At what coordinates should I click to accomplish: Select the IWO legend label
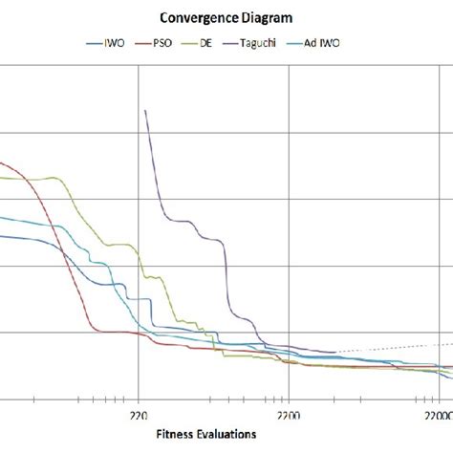tap(115, 43)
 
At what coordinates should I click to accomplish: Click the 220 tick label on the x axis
tap(139, 416)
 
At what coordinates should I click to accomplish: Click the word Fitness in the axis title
tap(176, 435)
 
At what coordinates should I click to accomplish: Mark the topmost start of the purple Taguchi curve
tap(144, 110)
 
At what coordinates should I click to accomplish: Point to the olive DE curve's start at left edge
tap(2, 177)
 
